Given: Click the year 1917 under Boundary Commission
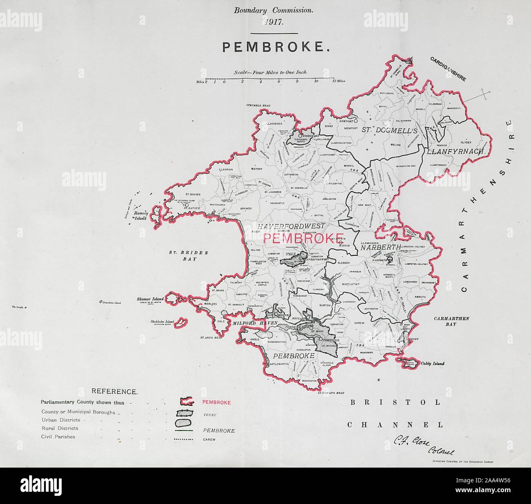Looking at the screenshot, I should tap(273, 22).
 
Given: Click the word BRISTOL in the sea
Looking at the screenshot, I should tap(394, 402).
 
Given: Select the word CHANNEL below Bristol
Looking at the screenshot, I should tap(395, 425).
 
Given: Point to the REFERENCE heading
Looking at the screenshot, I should tap(114, 392).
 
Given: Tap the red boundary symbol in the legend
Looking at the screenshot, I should tap(186, 402).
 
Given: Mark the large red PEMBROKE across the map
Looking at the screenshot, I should tap(302, 238).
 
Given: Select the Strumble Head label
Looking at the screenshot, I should tap(258, 105).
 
